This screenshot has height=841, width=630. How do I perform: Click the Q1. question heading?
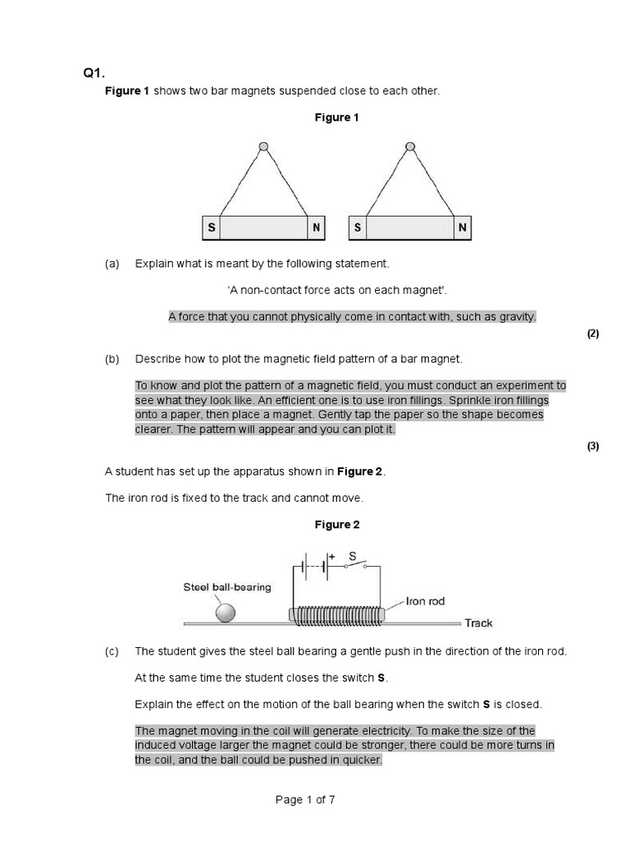click(x=94, y=74)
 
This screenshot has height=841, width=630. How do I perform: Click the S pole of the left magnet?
click(x=211, y=228)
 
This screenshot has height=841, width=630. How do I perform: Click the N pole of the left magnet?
click(x=316, y=228)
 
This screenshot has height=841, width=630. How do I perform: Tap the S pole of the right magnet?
click(x=358, y=228)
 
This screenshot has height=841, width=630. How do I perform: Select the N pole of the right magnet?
click(x=463, y=228)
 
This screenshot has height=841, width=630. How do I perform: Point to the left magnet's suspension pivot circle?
click(x=263, y=147)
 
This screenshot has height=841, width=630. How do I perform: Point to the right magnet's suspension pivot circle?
click(x=410, y=147)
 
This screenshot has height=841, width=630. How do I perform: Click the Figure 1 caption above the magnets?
click(x=336, y=117)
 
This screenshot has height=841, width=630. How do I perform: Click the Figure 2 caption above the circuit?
click(x=336, y=525)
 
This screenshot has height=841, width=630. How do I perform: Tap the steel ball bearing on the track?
click(x=224, y=613)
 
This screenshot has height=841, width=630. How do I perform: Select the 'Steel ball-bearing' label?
click(x=226, y=587)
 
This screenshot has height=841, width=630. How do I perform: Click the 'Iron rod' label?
click(x=426, y=601)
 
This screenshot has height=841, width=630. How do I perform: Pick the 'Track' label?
click(x=478, y=623)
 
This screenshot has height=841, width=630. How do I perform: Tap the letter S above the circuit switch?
click(x=352, y=556)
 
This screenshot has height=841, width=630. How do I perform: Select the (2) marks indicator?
click(x=593, y=333)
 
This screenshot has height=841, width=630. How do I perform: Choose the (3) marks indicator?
click(x=593, y=446)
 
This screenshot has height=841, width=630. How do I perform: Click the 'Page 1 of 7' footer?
click(x=305, y=801)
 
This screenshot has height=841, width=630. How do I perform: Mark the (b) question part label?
click(x=112, y=359)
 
